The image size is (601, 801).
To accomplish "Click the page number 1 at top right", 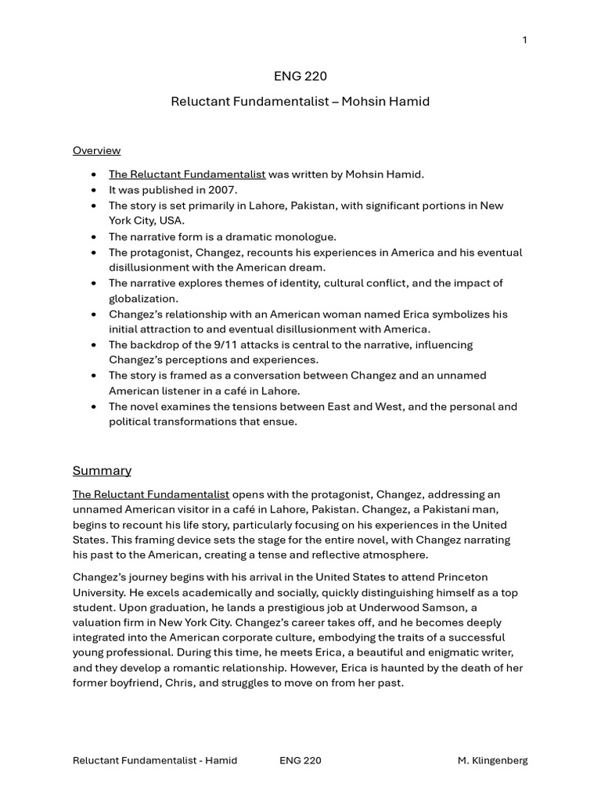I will [524, 41].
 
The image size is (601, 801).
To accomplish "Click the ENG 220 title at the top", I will [300, 76].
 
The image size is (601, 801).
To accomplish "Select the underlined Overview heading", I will [96, 150].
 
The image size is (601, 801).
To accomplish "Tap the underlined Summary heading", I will [102, 470].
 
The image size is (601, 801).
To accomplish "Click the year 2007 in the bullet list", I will [223, 190].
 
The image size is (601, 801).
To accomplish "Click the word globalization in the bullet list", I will [143, 298].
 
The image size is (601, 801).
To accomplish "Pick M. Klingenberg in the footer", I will [492, 760].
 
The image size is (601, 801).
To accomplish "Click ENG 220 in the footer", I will [300, 760].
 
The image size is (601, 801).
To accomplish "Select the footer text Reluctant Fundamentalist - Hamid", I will [155, 760].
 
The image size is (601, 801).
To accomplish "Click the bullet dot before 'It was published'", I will [94, 190].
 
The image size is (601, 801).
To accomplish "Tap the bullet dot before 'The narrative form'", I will [94, 236].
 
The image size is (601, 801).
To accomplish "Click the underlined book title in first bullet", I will [187, 174].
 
